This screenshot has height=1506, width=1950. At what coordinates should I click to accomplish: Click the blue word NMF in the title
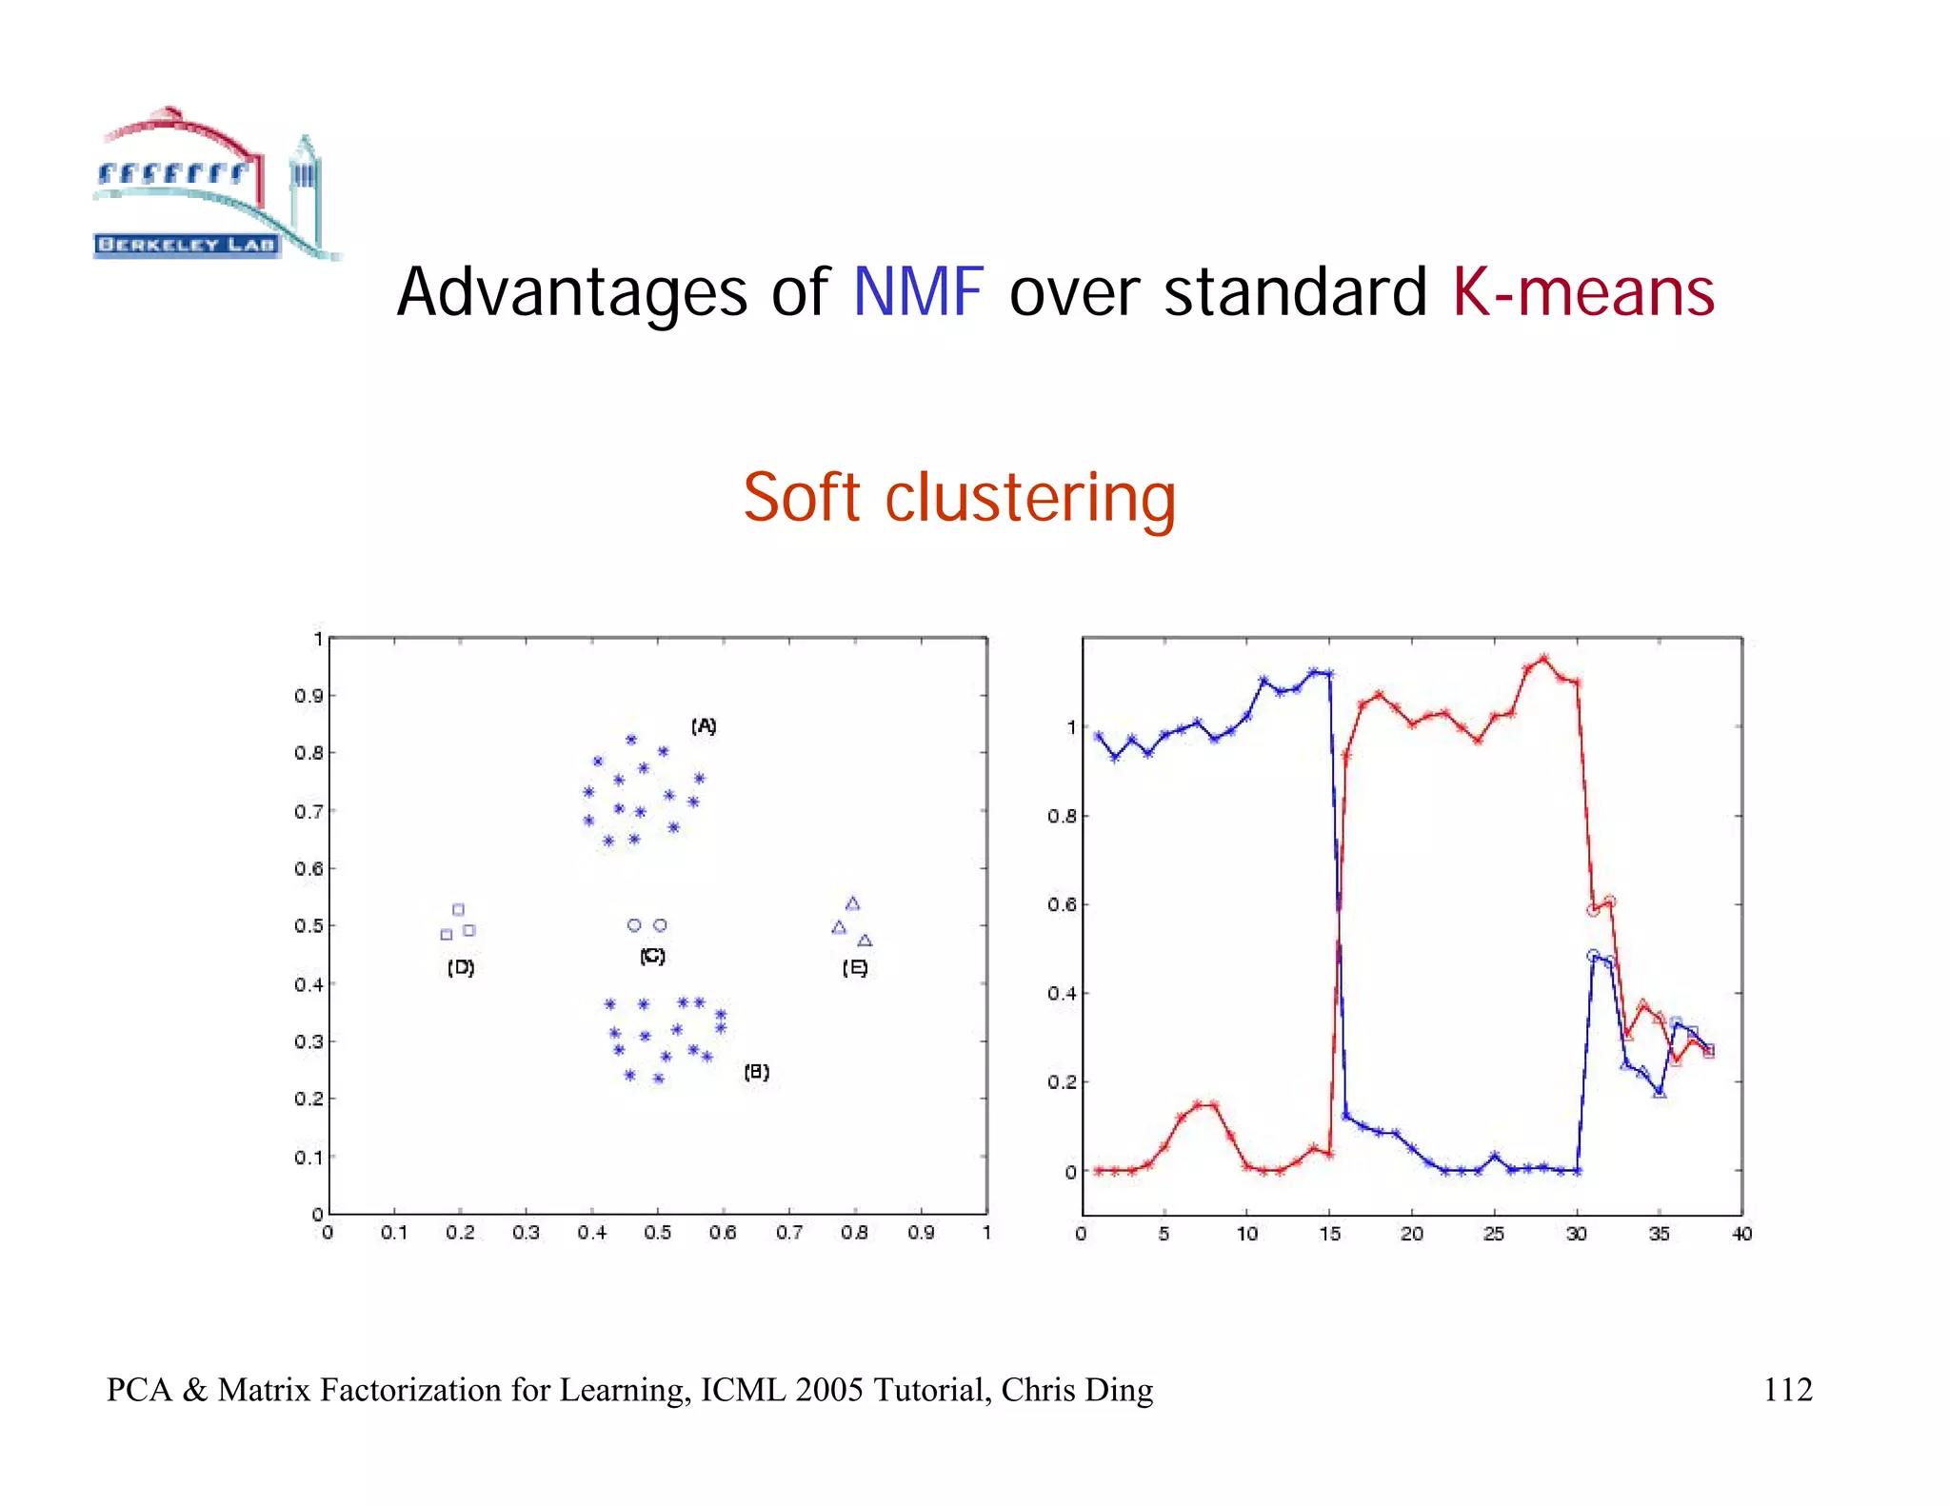point(917,292)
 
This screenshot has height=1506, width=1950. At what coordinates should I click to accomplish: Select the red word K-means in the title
point(1582,292)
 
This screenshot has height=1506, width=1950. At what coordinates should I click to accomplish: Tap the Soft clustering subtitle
point(959,498)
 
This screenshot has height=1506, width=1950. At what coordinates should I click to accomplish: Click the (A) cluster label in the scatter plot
point(704,726)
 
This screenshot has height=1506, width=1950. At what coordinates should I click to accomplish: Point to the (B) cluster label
point(756,1072)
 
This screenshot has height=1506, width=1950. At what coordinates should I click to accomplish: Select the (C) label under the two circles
point(652,956)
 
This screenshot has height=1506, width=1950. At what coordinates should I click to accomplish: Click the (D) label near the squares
point(461,967)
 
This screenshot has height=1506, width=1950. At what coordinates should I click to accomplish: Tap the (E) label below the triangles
point(854,968)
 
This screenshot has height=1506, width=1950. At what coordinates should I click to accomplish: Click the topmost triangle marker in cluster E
point(853,903)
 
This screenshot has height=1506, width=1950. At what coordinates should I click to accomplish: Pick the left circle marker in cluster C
point(634,925)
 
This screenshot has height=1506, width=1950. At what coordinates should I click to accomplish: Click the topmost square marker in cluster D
point(458,910)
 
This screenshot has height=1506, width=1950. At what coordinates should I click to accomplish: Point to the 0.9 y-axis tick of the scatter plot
point(308,696)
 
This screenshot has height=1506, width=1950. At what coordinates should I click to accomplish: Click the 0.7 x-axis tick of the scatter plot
point(788,1233)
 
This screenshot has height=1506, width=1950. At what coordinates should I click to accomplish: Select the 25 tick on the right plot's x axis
point(1494,1234)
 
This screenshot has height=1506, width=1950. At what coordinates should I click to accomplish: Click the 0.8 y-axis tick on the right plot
point(1062,816)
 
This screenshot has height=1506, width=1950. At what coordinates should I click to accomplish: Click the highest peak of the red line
point(1544,658)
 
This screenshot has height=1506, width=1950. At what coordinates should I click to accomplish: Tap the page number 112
point(1787,1390)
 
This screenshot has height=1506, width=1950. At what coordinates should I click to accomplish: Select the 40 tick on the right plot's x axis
point(1741,1234)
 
